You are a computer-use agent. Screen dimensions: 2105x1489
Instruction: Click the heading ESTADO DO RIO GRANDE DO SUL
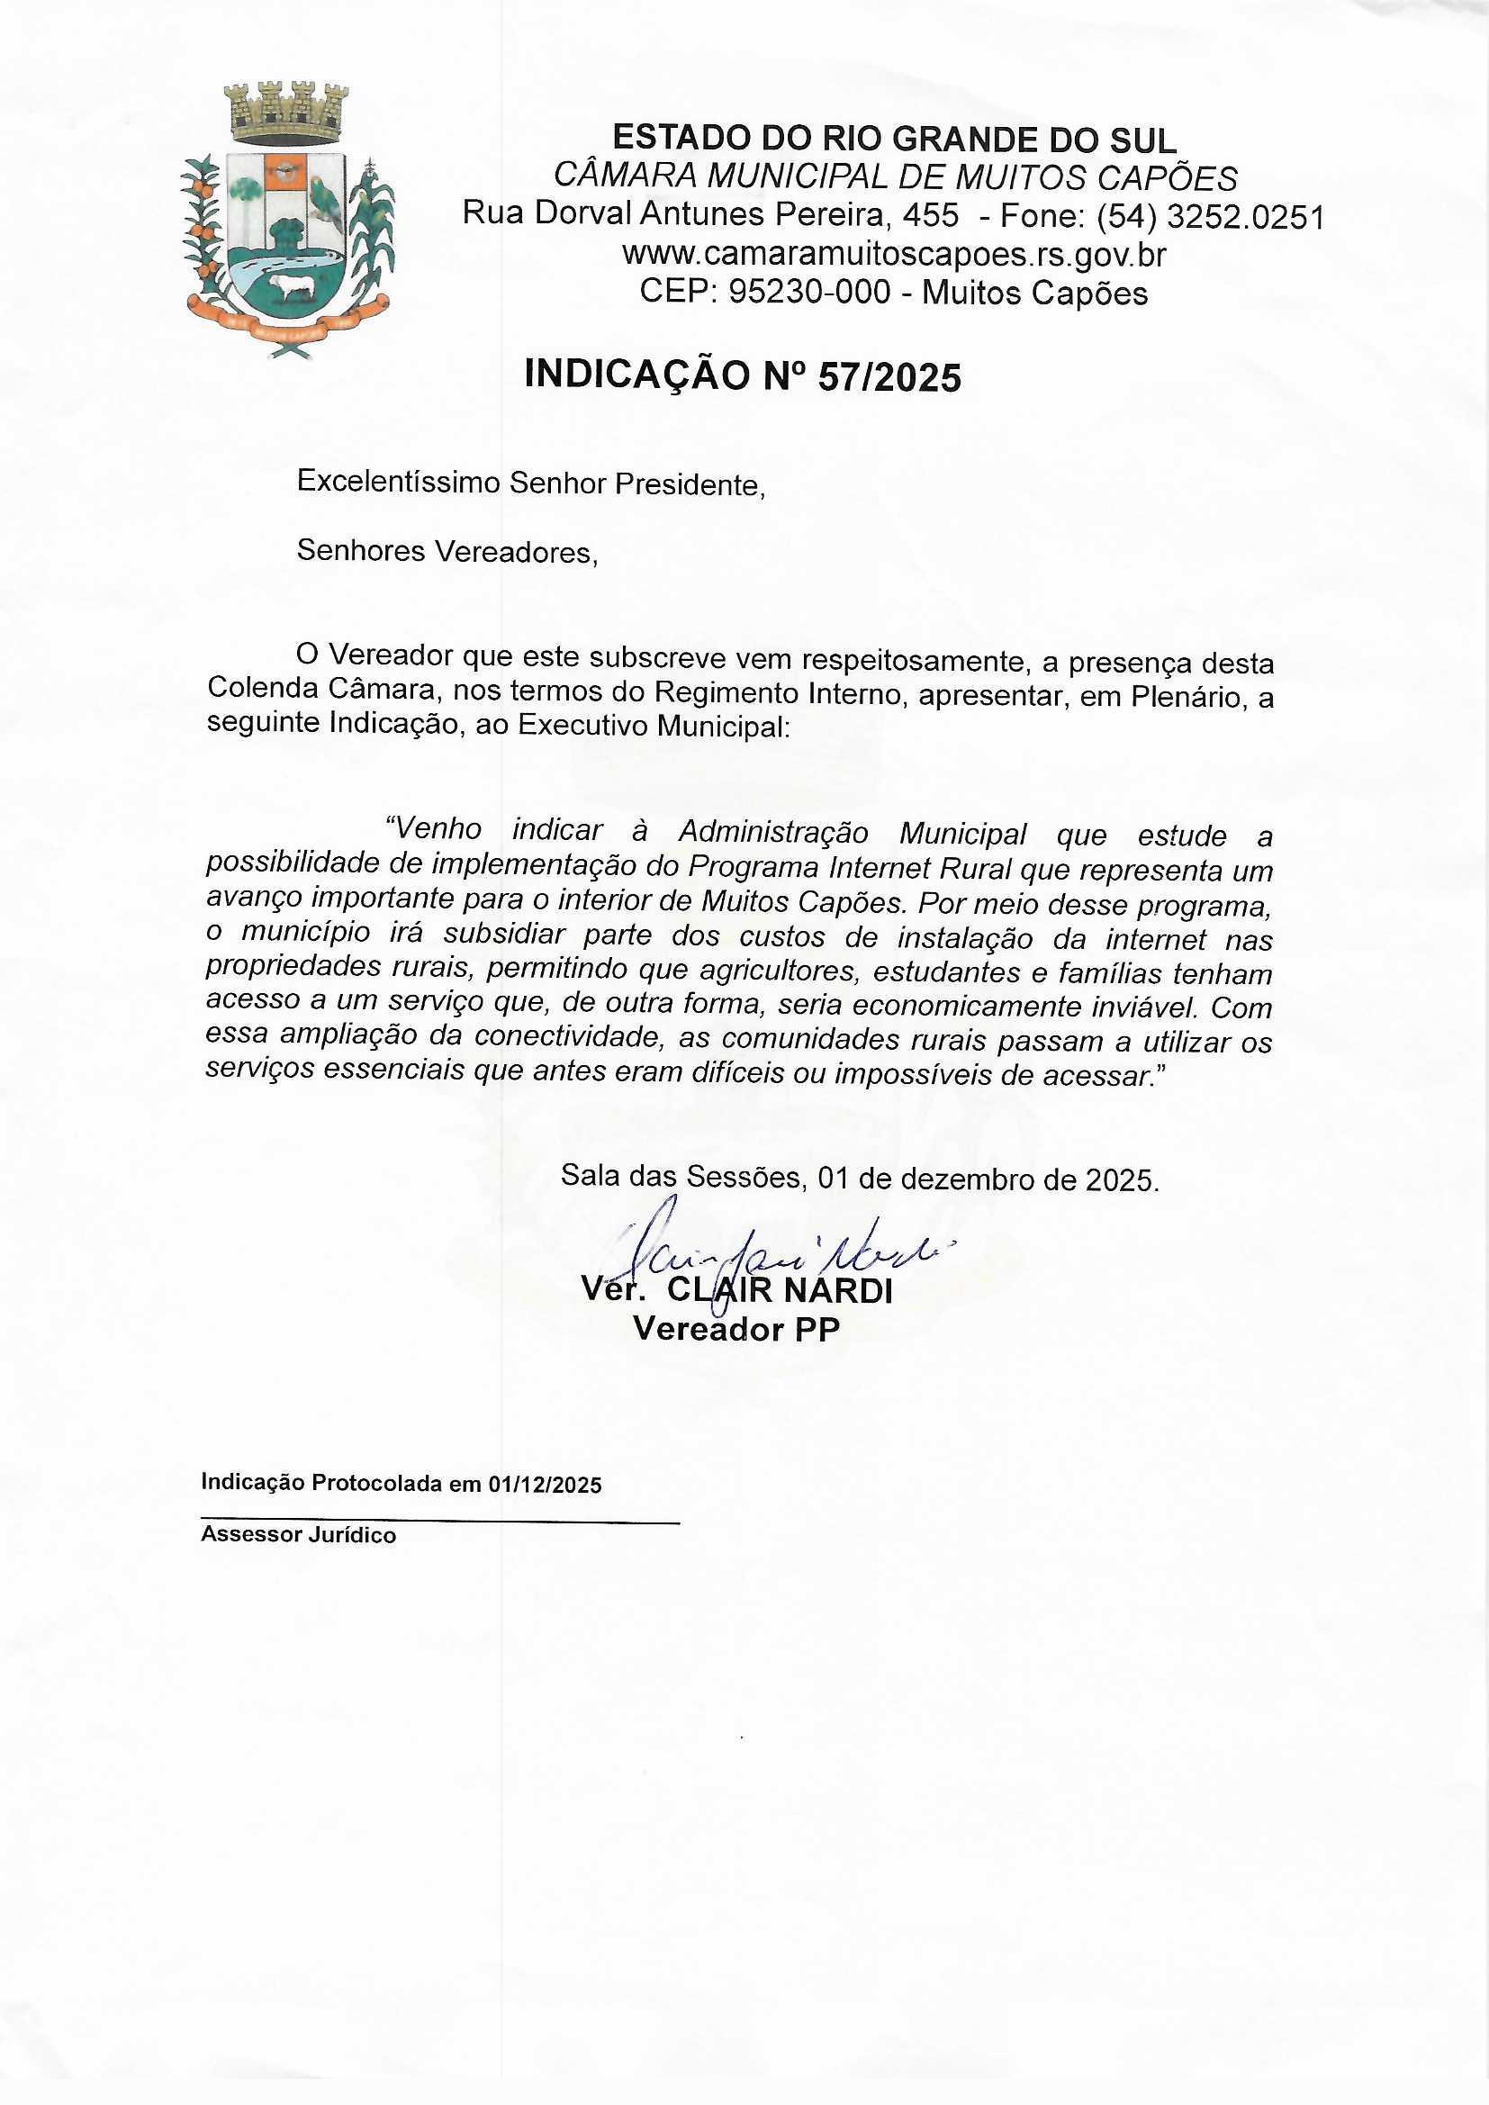point(893,140)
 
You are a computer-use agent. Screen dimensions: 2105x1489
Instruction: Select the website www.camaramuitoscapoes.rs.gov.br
point(893,254)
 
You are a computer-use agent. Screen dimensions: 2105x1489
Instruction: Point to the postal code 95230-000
point(809,294)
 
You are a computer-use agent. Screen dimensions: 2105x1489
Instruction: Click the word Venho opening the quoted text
point(435,830)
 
